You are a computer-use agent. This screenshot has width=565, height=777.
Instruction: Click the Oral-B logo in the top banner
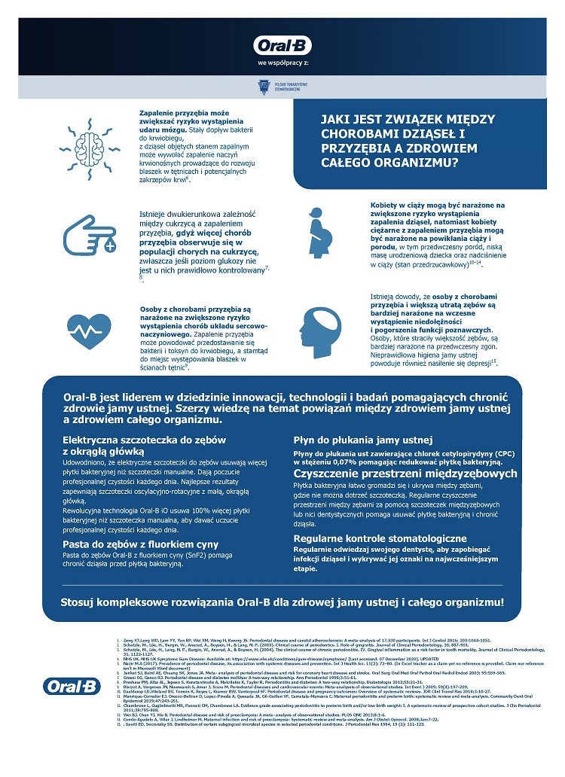[283, 45]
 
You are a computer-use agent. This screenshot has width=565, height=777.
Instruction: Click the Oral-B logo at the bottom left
[73, 686]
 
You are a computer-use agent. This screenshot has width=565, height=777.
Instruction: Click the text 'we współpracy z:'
[282, 62]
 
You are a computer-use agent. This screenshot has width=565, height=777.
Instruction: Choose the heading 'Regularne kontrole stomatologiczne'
[380, 539]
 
